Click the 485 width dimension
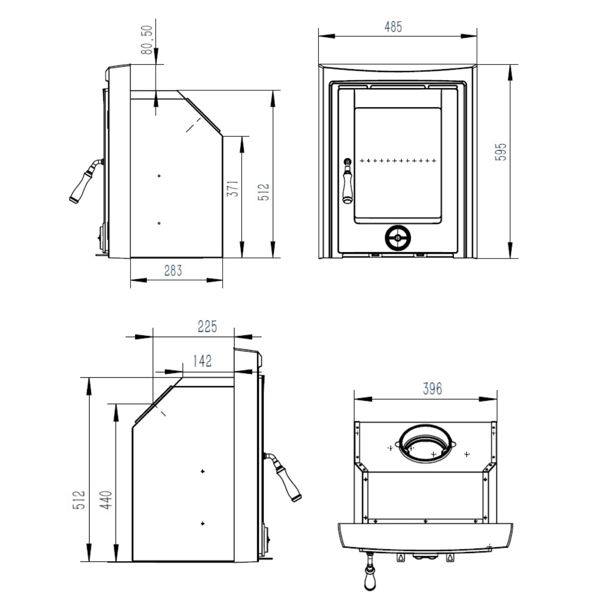click(393, 27)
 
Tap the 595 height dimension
click(501, 152)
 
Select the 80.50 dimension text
click(147, 40)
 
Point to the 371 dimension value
click(233, 189)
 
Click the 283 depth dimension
click(173, 271)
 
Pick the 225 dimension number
click(207, 326)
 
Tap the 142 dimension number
click(202, 361)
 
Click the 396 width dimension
click(432, 389)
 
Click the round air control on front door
click(398, 238)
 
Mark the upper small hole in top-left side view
click(159, 176)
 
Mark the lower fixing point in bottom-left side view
click(203, 524)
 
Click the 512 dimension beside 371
click(263, 192)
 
